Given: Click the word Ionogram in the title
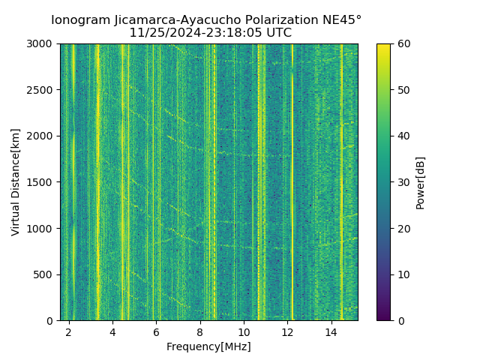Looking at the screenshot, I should click(x=79, y=19).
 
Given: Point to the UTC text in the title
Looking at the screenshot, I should click(x=277, y=33).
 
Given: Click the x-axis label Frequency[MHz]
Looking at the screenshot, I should click(x=208, y=346).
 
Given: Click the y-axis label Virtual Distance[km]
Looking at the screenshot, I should click(x=16, y=182).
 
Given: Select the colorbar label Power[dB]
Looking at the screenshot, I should click(x=421, y=182).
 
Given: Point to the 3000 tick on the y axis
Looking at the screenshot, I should click(x=43, y=43).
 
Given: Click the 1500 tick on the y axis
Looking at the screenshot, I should click(x=43, y=182).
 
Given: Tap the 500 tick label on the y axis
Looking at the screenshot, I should click(x=46, y=274).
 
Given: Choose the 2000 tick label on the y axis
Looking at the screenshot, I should click(x=43, y=136).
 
